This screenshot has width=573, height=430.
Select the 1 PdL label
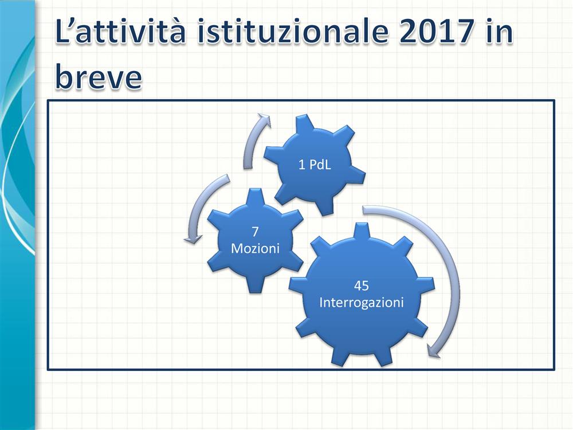point(315,165)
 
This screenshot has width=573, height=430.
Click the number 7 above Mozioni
point(255,232)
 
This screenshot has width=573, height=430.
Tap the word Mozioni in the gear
point(255,249)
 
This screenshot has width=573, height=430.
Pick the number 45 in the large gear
point(361,286)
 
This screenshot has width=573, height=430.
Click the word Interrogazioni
point(362,303)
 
